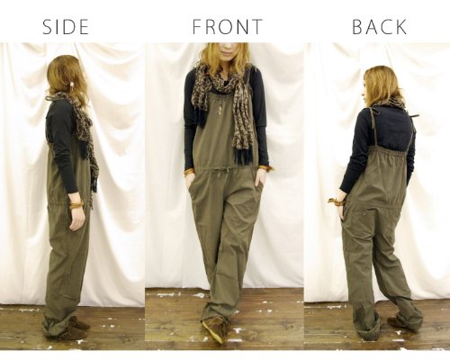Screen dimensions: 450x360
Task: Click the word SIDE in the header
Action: click(66, 27)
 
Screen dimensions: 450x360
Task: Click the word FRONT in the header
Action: click(228, 27)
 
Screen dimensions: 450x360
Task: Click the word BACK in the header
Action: click(379, 27)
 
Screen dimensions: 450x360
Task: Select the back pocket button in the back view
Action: click(364, 213)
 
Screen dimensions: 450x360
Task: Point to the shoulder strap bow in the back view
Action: click(416, 115)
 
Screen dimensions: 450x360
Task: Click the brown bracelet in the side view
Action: click(76, 205)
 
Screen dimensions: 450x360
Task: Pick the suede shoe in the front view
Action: click(214, 328)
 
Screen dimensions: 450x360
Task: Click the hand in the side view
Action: click(76, 219)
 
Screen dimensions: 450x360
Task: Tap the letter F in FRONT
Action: click(197, 27)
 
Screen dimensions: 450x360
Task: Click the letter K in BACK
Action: click(401, 27)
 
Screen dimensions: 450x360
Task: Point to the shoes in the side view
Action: click(74, 328)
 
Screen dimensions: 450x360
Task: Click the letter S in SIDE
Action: click(47, 27)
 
